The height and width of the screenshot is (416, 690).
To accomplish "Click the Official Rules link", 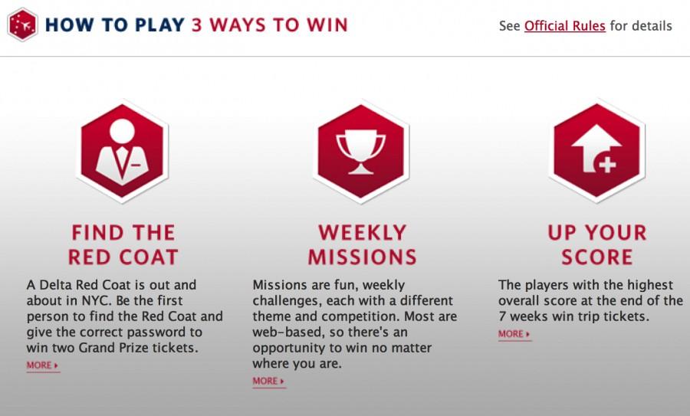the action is point(564,26).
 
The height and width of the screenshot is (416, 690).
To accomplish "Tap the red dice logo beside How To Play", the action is point(22,25).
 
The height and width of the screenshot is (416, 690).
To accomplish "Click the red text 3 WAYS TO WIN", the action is point(270,25).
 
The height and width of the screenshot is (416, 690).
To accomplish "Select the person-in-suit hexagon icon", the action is point(123,152).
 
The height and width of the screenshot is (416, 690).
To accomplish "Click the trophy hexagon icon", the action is point(361,152).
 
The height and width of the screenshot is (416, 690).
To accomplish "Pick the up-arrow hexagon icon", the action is point(596,152).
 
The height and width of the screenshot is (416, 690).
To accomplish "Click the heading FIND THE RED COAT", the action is point(123,245).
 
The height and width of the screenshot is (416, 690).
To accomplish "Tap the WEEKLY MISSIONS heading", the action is point(362,245).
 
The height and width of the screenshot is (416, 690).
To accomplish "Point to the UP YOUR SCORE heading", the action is point(597,245).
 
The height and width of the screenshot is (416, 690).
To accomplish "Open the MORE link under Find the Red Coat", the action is point(43,365).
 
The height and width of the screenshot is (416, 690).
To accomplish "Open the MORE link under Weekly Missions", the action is point(268,382).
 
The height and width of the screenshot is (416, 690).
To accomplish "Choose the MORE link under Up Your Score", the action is point(514,334).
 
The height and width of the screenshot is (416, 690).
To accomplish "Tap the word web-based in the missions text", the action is point(282,332).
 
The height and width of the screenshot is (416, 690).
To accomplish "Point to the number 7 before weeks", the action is point(502,316).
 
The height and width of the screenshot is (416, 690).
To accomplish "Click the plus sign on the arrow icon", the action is point(607,165).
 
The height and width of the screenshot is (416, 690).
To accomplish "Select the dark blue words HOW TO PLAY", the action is point(115,25).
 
